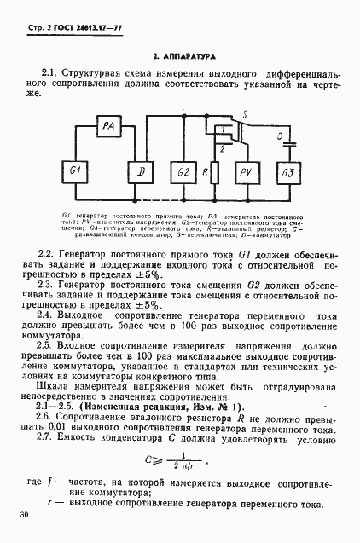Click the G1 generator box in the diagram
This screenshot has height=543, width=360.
[74, 173]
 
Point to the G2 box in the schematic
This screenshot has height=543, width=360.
[182, 173]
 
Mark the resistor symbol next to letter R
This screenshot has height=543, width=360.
[215, 173]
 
